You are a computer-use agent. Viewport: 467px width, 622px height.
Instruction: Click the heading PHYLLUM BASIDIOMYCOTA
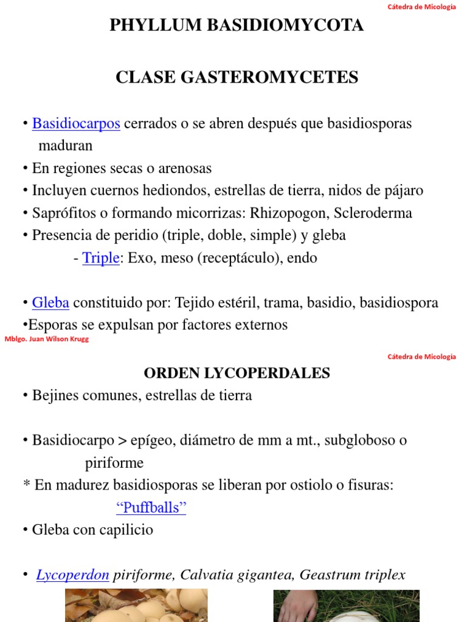[x=237, y=25]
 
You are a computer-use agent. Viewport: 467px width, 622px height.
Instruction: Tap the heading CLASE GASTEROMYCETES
[x=237, y=77]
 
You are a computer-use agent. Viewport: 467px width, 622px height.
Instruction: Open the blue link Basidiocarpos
[x=76, y=123]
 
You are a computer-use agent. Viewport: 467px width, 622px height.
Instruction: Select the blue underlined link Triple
[x=100, y=258]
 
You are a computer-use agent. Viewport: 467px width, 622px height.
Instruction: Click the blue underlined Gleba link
[x=50, y=302]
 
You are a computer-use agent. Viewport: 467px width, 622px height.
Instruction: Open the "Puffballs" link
[x=151, y=508]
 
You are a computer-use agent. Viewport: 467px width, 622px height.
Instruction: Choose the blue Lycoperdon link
[x=72, y=575]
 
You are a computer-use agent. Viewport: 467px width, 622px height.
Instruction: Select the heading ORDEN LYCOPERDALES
[x=237, y=373]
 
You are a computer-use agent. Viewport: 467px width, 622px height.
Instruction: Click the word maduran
[x=66, y=146]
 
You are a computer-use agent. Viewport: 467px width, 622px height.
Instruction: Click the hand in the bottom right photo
[x=298, y=607]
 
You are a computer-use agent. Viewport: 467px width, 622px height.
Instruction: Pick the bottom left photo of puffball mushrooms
[x=136, y=606]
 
